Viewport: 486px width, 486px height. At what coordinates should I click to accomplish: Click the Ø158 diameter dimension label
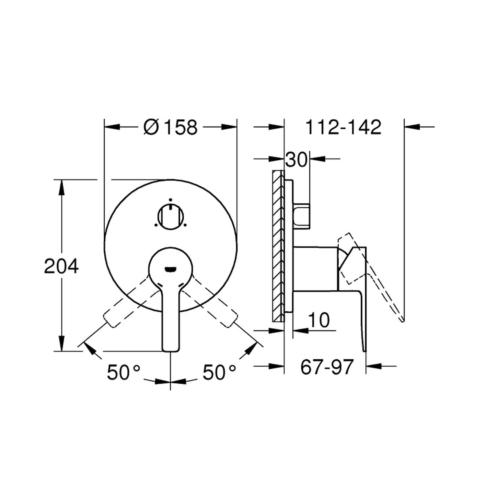170,127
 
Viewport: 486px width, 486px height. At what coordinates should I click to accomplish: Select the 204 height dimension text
61,266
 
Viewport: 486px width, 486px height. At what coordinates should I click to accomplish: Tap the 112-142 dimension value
343,127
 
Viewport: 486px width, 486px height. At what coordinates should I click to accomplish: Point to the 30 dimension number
296,160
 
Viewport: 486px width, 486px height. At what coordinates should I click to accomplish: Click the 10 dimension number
319,320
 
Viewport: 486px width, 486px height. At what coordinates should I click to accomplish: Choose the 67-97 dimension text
327,367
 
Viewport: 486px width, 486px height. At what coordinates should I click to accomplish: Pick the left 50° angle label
123,372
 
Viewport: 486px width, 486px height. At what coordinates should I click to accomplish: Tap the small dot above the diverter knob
170,200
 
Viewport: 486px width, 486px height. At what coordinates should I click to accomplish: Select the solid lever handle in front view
170,321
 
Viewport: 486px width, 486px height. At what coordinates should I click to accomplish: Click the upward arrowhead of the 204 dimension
61,186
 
